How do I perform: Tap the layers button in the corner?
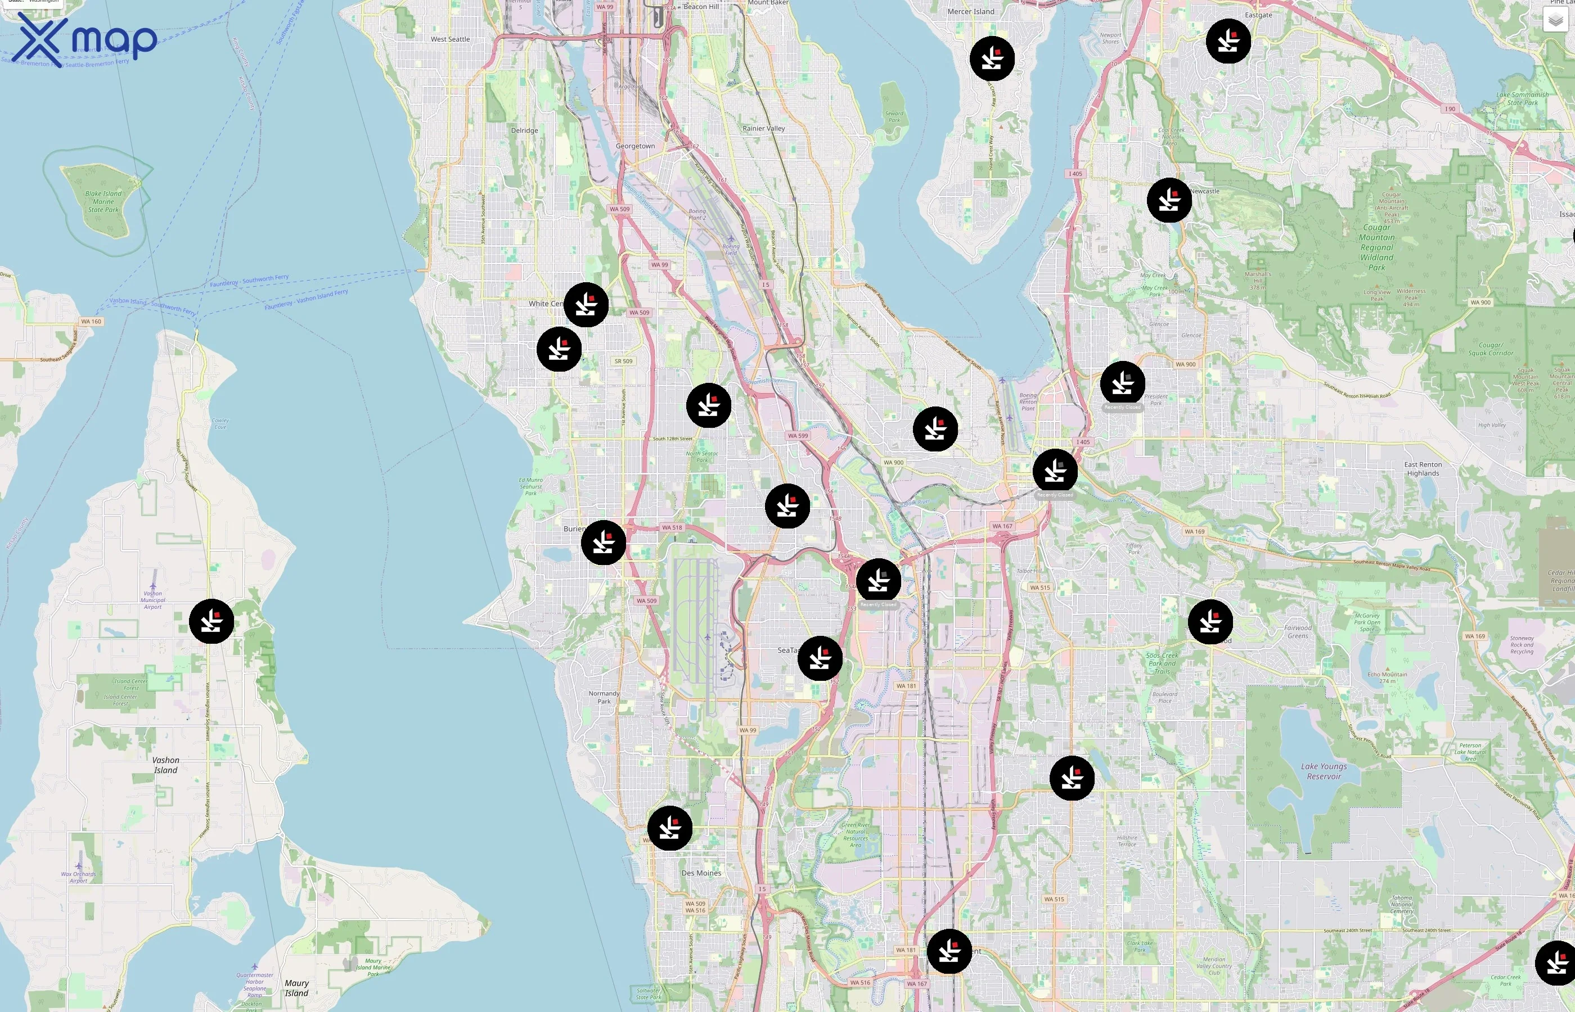1555,20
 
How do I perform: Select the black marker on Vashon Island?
211,621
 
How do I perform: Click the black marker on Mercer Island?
992,59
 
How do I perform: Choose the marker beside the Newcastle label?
1169,200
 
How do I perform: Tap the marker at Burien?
603,543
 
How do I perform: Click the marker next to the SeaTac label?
820,658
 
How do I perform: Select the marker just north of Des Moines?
669,828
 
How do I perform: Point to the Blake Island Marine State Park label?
103,202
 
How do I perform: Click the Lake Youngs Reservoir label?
1323,771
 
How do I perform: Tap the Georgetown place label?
635,146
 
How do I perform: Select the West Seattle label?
451,39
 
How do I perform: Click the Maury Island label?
296,988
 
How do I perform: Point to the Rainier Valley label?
763,128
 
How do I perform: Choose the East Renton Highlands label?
1423,468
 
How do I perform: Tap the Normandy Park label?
604,697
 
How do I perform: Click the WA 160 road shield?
91,322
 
